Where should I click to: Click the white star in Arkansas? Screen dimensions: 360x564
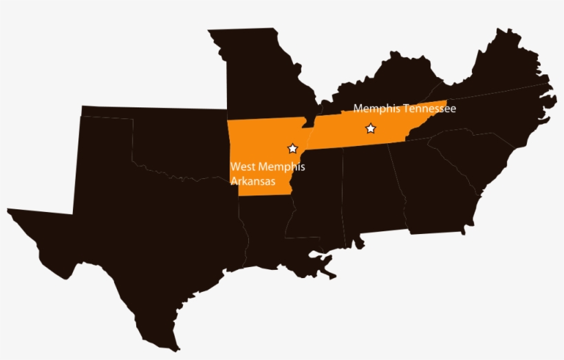292,149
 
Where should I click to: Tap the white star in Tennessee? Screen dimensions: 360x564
371,128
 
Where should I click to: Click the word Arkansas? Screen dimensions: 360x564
252,182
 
